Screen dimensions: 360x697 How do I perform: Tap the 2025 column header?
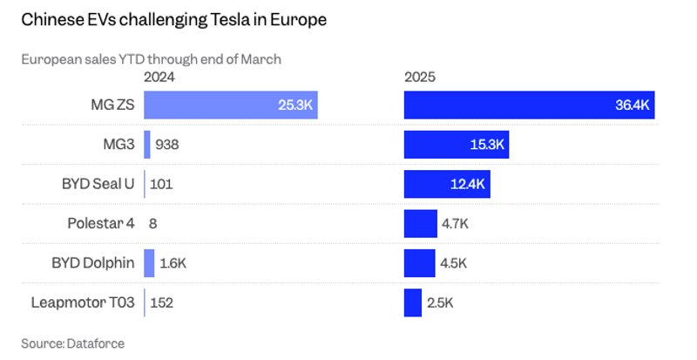(420, 77)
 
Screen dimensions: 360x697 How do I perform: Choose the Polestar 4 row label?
(100, 223)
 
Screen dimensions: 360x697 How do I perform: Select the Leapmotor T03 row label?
(83, 302)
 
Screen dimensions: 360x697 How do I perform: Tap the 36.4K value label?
(633, 105)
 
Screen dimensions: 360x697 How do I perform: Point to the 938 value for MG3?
(169, 145)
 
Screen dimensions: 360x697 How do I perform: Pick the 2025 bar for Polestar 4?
(420, 223)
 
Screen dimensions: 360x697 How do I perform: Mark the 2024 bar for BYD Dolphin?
(149, 263)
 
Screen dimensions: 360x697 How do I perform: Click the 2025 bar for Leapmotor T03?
(413, 302)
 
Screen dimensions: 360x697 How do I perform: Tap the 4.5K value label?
(455, 263)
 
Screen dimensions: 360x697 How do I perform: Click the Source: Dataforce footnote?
(72, 343)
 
